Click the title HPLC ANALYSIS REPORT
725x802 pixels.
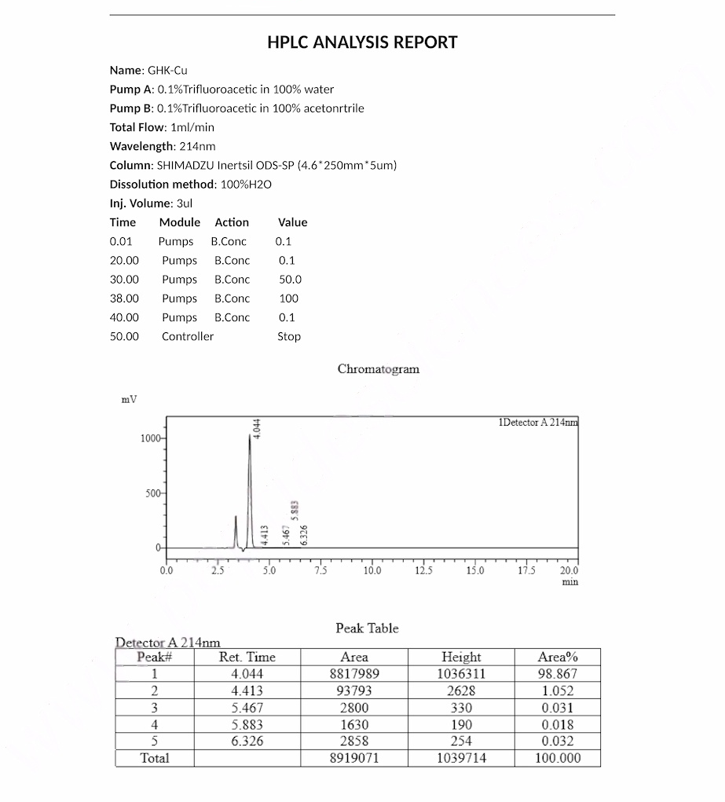362,42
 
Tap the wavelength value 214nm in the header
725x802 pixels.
196,146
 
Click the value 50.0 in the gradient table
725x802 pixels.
290,280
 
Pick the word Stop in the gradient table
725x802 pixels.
288,336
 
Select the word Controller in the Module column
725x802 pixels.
187,336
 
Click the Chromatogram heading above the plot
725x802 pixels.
378,369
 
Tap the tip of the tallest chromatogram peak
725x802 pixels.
250,434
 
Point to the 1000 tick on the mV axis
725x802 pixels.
149,438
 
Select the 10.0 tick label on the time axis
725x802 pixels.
372,571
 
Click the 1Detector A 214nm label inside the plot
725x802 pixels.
537,423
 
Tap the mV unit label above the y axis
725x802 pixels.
129,399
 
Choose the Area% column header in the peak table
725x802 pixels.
557,657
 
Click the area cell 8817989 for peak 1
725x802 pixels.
354,674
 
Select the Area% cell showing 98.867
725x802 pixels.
557,674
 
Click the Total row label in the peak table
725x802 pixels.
154,758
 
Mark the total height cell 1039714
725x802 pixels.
460,758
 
